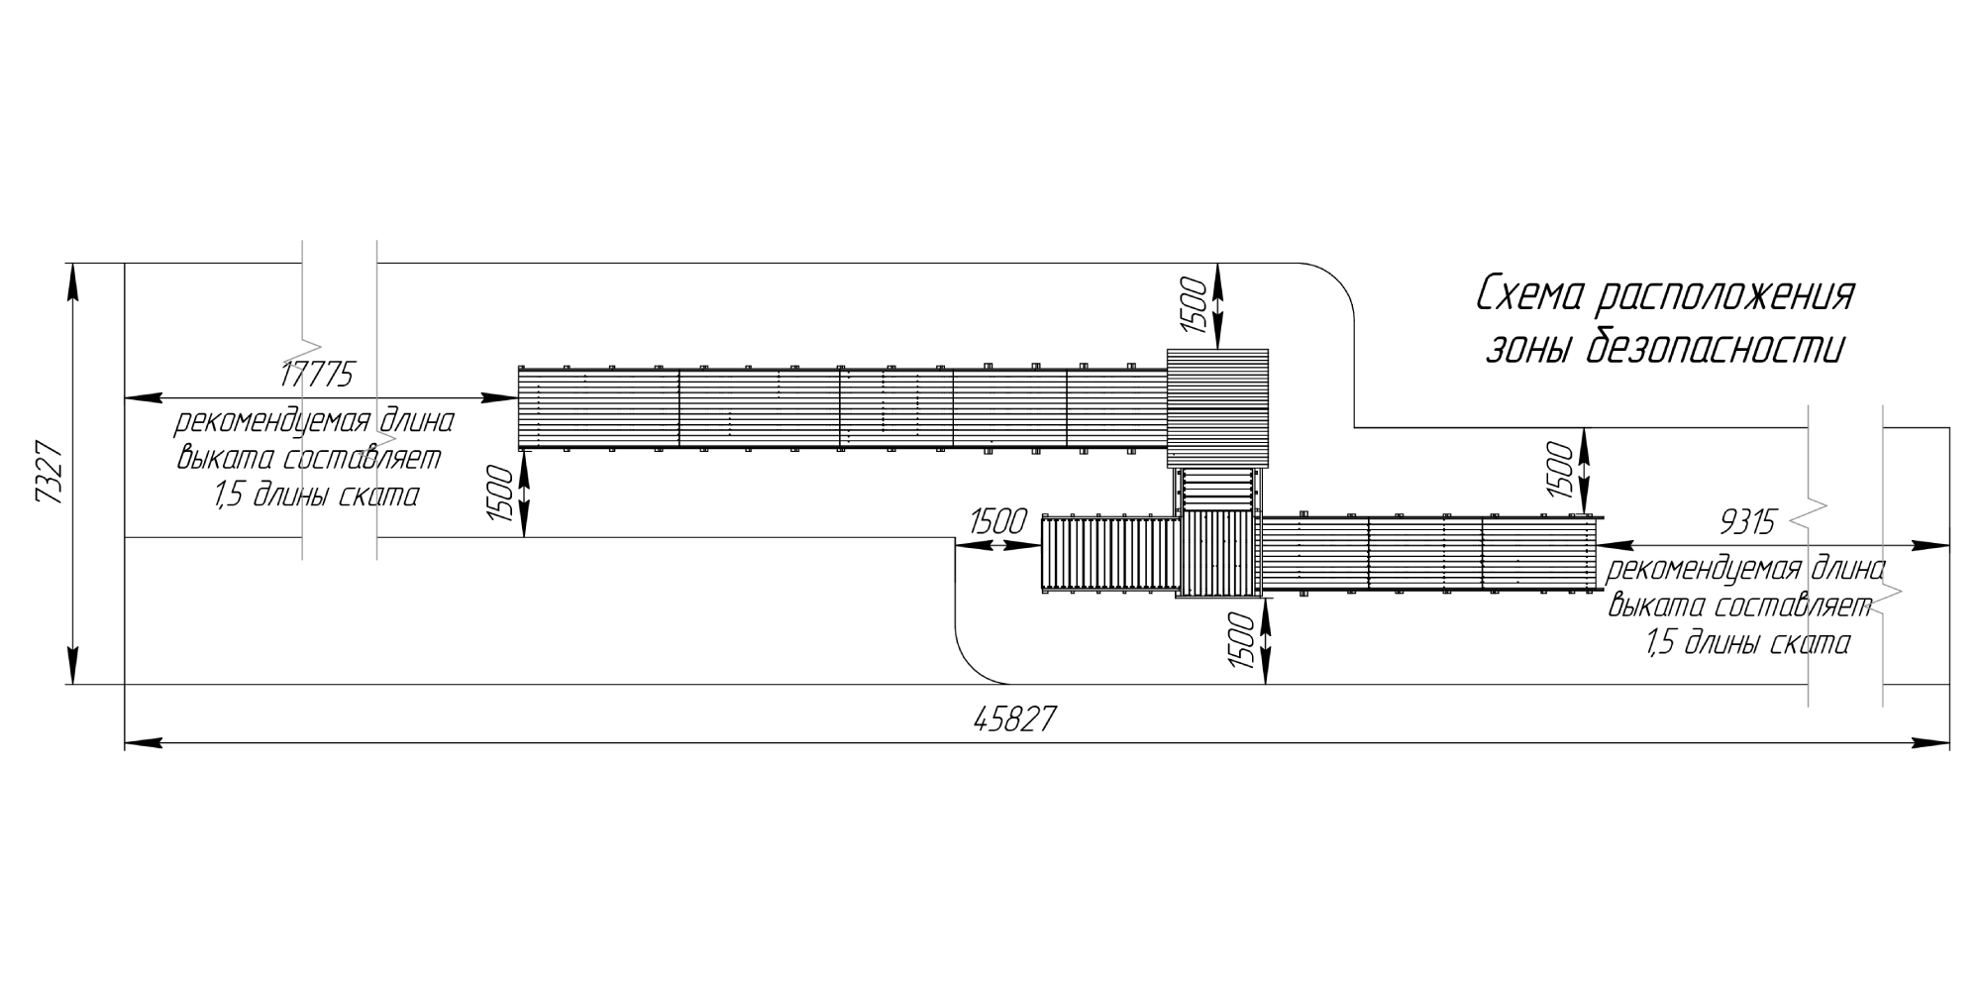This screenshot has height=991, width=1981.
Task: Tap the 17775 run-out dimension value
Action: coord(317,375)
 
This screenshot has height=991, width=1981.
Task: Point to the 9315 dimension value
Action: coord(1748,521)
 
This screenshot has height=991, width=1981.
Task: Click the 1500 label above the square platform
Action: coord(1194,305)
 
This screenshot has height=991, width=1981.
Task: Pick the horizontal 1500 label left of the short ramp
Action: coord(997,521)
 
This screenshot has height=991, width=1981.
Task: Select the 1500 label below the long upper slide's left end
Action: coord(500,495)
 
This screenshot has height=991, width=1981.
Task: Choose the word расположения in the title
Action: coord(1728,296)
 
